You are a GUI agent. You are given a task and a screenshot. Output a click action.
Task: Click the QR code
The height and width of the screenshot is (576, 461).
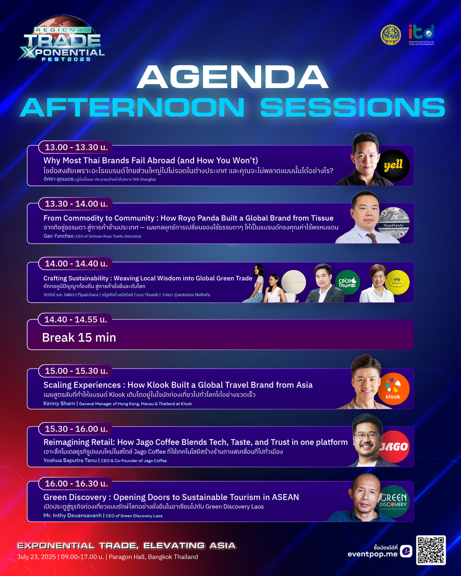[x=431, y=550]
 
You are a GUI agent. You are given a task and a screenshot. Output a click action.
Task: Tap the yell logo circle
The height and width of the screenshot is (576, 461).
[x=393, y=166]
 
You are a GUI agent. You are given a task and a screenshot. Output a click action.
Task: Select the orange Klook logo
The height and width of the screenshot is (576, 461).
[x=393, y=389]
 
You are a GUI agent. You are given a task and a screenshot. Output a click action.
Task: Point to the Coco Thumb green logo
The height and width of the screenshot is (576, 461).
[x=348, y=282]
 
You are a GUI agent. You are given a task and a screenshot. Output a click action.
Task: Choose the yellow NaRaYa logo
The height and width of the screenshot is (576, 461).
[x=397, y=282]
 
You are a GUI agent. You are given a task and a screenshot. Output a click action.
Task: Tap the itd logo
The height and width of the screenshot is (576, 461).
[x=421, y=35]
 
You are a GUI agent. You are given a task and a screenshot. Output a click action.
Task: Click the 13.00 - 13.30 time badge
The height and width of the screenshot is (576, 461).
[x=75, y=147]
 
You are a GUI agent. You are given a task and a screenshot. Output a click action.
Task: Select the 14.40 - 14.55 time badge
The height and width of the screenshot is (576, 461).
[x=75, y=319]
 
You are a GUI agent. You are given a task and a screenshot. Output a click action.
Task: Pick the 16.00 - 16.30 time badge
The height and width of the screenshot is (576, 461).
[x=76, y=484]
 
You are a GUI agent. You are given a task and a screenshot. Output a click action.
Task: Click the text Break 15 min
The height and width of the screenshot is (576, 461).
[x=79, y=337]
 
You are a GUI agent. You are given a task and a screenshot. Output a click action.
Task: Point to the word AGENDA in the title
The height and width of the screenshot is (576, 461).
[x=232, y=77]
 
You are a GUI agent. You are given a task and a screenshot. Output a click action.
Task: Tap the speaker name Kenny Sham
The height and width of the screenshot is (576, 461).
[x=59, y=404]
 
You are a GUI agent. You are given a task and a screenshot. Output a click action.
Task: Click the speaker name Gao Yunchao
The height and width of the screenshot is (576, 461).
[x=58, y=236]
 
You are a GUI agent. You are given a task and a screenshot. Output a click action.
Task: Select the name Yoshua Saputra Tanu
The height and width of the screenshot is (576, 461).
[x=70, y=460]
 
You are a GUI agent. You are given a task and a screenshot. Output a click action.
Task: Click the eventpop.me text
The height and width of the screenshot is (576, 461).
[x=372, y=554]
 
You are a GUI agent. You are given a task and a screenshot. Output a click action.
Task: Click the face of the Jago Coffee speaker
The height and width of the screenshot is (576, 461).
[x=367, y=438]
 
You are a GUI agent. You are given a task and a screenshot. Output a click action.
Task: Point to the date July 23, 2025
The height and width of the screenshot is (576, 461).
[x=36, y=557]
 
